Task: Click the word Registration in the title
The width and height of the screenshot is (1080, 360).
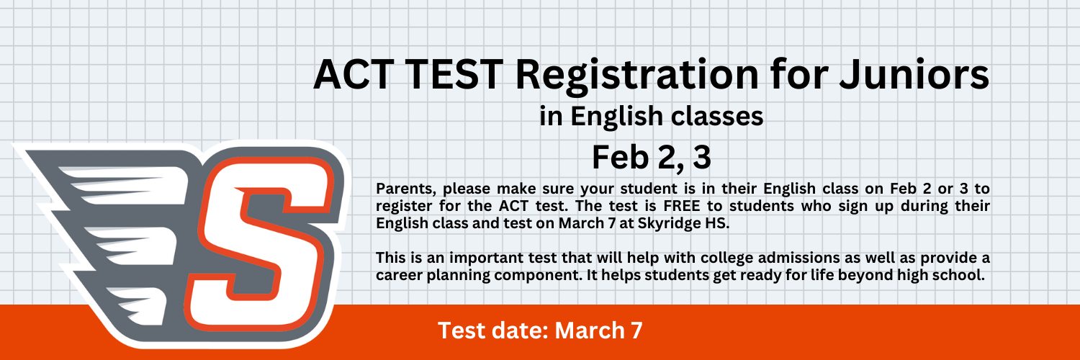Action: [637, 76]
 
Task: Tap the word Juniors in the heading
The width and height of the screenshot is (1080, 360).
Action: [914, 74]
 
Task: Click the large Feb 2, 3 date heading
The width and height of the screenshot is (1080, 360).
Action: [652, 158]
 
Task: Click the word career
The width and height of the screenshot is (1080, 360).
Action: [399, 275]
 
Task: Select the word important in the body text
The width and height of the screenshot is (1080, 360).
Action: [486, 258]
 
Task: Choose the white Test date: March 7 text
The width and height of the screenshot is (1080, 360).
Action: [540, 330]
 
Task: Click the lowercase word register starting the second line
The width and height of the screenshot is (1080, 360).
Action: [403, 207]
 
